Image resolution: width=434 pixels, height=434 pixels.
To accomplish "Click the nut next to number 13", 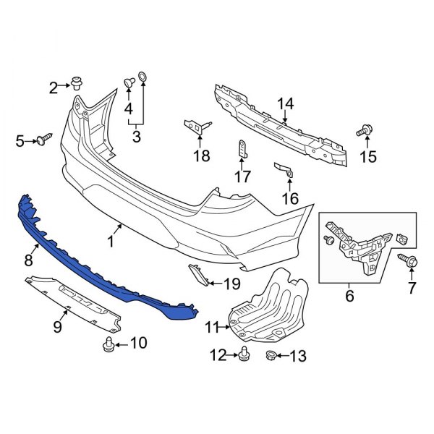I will click(x=271, y=354).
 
